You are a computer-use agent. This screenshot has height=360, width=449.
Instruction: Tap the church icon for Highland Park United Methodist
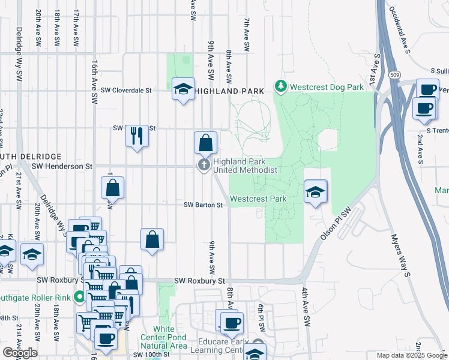[204, 165]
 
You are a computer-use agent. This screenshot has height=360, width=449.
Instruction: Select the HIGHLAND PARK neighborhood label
[229, 91]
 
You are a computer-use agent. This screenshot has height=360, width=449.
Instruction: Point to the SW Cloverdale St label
[127, 90]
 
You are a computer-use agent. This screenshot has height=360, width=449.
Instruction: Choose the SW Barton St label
[203, 205]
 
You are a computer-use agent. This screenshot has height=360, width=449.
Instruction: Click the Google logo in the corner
[20, 352]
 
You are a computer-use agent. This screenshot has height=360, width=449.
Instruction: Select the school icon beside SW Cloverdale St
[183, 89]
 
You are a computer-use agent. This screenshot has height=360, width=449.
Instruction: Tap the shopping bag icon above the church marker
[205, 143]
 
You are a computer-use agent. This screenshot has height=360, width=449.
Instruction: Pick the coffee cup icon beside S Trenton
[424, 109]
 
